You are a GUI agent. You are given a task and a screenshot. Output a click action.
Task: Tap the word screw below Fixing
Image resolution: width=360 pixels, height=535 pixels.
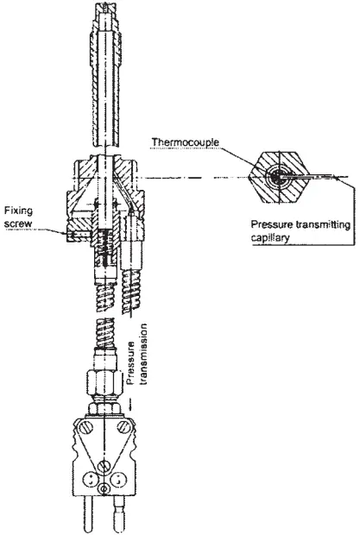tap(17, 221)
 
